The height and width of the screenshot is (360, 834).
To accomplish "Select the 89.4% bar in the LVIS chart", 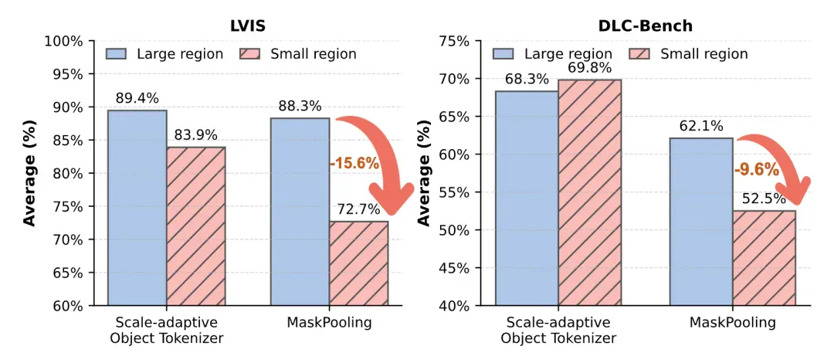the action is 137,208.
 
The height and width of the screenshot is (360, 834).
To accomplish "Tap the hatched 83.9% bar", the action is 196,226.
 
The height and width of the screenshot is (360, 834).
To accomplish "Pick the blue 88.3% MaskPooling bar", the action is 300,212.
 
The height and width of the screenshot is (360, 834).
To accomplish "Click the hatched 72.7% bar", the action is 358,263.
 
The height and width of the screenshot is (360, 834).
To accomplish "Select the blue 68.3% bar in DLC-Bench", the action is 527,199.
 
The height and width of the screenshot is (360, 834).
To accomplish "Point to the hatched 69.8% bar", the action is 589,192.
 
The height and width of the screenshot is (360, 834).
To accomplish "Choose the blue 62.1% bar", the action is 701,222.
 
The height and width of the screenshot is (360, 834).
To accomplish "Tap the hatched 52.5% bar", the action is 764,258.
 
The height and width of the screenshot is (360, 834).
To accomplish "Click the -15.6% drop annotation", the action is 354,164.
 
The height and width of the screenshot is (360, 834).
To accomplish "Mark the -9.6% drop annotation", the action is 757,171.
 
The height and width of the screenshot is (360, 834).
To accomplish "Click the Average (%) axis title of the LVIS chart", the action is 30,174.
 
